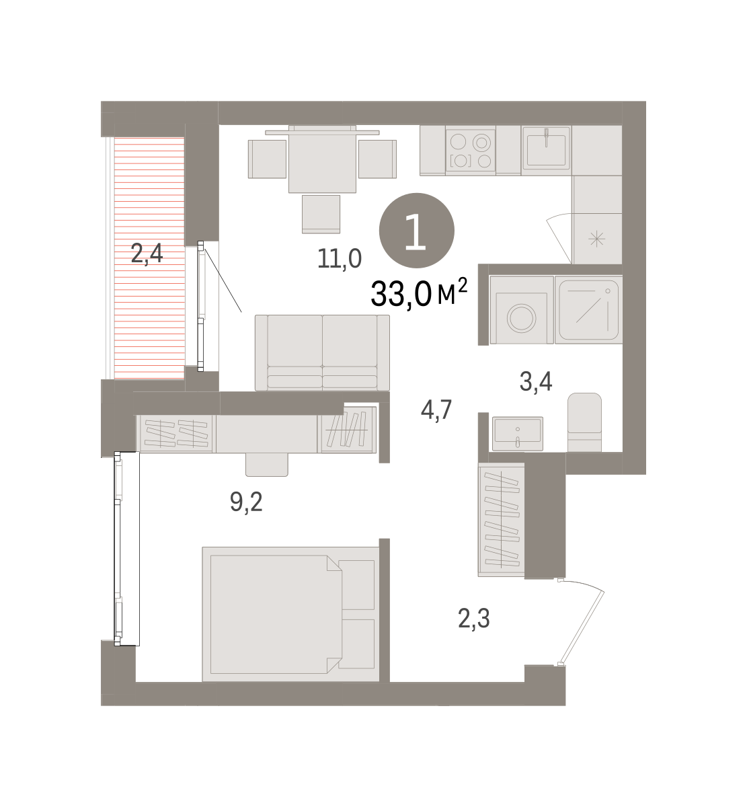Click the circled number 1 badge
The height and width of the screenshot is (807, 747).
pos(416,231)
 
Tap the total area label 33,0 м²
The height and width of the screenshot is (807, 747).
pos(419,292)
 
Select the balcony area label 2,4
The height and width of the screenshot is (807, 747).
pos(147,254)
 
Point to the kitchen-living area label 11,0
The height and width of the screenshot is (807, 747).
pos(340,258)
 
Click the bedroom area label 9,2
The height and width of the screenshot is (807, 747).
pos(246,502)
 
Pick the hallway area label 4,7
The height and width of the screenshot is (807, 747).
pos(436,410)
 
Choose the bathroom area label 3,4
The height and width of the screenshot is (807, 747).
pos(536,381)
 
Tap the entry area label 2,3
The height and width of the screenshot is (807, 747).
pos(474,619)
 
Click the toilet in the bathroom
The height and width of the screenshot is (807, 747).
pos(584,422)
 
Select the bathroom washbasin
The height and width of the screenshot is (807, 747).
pos(517,433)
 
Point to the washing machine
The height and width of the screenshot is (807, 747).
pos(522,310)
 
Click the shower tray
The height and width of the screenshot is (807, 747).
pos(588,310)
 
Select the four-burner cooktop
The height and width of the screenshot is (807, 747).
pos(471,151)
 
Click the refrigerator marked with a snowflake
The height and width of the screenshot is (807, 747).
pos(596,239)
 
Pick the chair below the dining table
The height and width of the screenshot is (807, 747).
pos(321,214)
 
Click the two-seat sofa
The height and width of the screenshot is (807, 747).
pos(322,352)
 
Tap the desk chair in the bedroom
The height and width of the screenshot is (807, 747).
pos(267,465)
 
